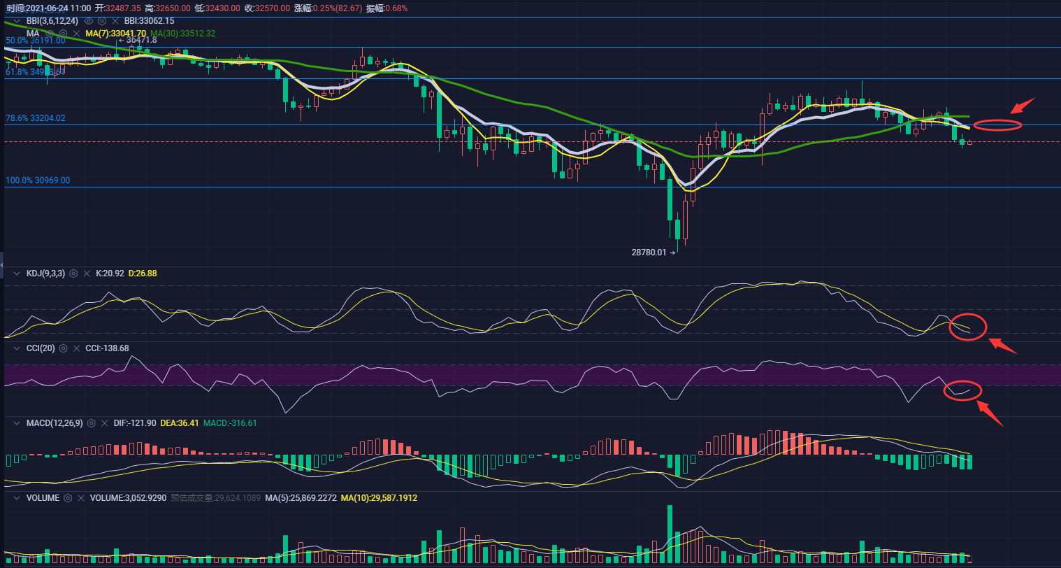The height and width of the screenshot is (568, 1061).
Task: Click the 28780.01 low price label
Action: point(649,252)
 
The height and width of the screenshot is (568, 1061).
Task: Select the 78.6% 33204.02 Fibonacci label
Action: point(36,118)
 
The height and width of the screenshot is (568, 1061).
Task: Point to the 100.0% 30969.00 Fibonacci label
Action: point(38,180)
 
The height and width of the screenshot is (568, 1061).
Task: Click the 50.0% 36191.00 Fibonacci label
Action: point(36,41)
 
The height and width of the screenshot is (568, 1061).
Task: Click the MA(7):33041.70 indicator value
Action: point(115,34)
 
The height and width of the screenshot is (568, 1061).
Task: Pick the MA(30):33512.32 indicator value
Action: point(183,34)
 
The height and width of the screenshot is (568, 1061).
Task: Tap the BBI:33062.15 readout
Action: point(149,21)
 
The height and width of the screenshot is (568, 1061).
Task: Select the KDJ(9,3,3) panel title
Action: point(45,274)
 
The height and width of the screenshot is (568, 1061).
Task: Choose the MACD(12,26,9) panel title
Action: point(55,423)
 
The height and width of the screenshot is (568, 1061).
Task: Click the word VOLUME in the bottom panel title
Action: point(43,498)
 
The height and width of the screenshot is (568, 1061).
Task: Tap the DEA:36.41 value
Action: point(180,423)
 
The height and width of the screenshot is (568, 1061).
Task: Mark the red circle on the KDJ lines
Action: point(968,327)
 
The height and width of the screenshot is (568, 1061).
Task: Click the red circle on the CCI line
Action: point(962,390)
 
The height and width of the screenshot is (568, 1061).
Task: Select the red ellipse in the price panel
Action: point(997,126)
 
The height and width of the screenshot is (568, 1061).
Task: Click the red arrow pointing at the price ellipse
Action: point(1023,106)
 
